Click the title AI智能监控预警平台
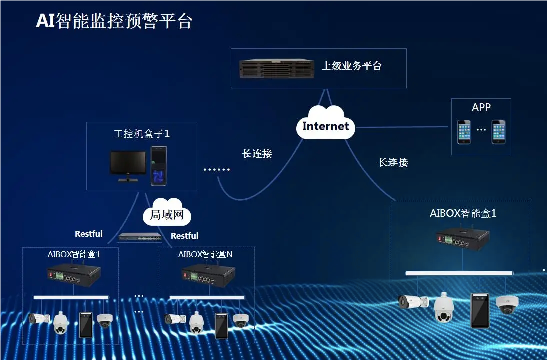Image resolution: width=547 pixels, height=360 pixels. [114, 21]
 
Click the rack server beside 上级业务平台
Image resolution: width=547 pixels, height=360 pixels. [276, 69]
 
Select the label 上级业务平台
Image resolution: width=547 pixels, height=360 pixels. [351, 66]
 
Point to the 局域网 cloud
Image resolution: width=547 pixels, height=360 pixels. [167, 215]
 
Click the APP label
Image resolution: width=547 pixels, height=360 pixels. [481, 107]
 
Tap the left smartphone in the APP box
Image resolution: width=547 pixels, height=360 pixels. [464, 132]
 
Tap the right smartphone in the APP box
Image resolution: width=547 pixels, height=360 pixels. [498, 132]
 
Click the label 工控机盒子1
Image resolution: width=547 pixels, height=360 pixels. [142, 134]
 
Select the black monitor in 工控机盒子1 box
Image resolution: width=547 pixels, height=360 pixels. [128, 165]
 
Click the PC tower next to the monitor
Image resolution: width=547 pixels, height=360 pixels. [159, 166]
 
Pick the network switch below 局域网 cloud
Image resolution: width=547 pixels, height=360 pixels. [140, 237]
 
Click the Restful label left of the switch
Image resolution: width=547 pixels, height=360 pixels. [89, 234]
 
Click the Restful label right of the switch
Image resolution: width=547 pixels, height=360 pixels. [184, 236]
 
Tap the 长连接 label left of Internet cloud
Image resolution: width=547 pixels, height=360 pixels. [257, 154]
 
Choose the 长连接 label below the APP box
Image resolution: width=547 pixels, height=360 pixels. [393, 162]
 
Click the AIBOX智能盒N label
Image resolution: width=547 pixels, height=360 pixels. [205, 254]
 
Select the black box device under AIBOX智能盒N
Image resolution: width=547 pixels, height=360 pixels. [208, 275]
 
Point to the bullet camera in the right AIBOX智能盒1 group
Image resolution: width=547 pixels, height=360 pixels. [413, 301]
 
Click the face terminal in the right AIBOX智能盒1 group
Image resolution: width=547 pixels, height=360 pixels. [479, 310]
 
